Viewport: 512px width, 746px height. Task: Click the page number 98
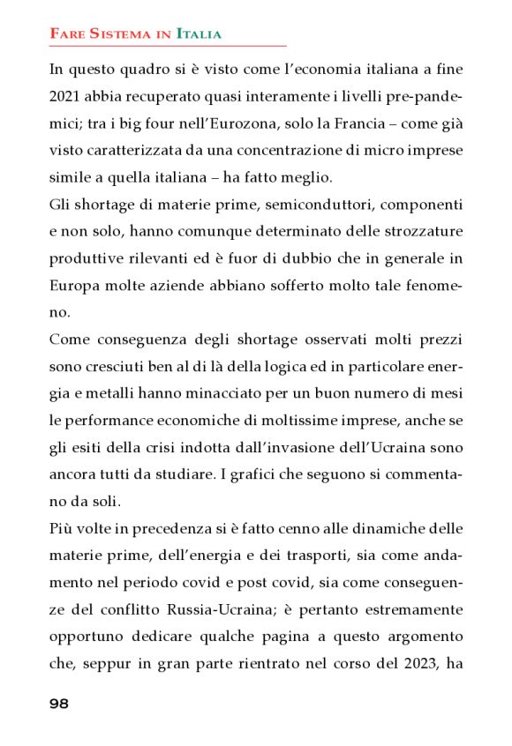59,703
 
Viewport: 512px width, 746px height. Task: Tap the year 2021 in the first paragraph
64,95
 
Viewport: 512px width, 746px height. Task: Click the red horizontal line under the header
168,45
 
